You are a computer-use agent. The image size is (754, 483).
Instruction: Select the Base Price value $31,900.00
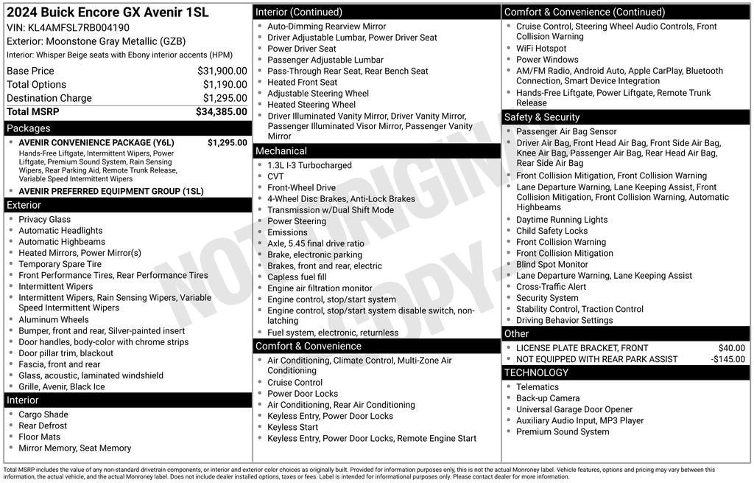point(222,71)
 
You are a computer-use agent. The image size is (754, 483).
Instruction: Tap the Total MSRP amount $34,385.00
point(221,112)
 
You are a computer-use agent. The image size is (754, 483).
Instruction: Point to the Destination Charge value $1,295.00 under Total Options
point(225,98)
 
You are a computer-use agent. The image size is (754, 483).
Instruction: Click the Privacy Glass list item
point(45,220)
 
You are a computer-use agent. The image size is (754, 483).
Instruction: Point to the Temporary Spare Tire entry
point(60,264)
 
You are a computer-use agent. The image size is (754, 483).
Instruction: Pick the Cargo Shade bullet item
point(43,414)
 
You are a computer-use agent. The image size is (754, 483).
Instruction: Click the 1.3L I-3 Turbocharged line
point(309,166)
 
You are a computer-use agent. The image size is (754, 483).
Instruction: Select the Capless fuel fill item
point(297,277)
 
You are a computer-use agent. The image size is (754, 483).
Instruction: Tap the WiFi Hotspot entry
point(541,49)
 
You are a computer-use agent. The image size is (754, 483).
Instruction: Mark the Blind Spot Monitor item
point(552,265)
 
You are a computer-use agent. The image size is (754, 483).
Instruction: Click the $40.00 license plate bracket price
point(732,348)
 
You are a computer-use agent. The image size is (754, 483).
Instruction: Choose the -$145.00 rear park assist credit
point(728,359)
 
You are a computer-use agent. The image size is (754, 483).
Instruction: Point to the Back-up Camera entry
point(548,398)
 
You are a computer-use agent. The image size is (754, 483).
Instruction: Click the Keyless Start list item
point(293,427)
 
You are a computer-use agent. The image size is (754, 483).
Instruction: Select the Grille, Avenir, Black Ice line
point(62,386)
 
